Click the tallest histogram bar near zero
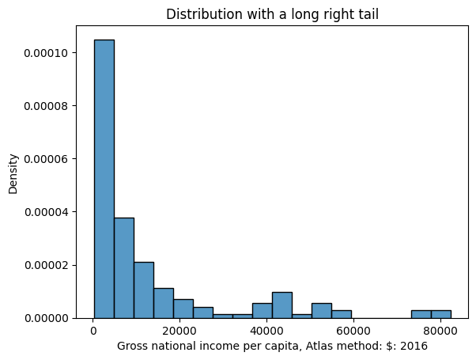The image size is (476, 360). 104,179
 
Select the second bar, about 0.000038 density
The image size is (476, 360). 123,267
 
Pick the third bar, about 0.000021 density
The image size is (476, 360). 143,290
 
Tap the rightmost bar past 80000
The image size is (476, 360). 440,314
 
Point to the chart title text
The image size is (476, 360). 271,13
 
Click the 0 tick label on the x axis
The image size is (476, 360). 94,331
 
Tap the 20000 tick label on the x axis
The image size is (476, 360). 180,331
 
